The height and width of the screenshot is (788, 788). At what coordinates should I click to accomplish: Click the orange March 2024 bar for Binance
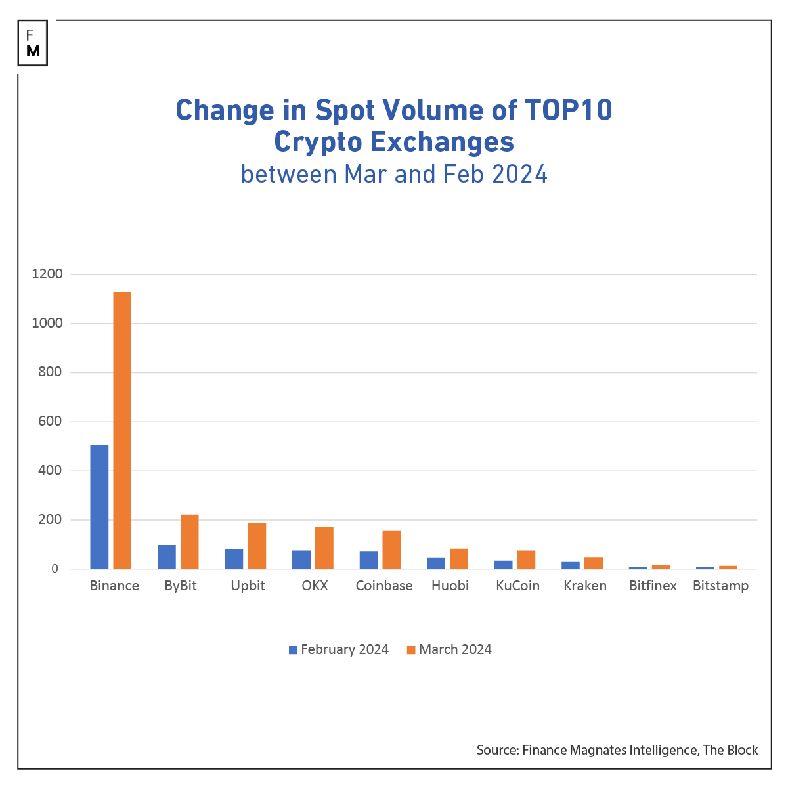pos(122,430)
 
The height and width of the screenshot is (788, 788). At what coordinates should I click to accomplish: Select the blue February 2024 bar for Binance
pos(99,506)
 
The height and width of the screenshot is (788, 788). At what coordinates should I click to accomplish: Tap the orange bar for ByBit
pos(189,542)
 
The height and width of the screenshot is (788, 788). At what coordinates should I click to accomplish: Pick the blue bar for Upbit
pos(234,559)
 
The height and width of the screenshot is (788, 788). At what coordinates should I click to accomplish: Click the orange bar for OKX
pos(324,548)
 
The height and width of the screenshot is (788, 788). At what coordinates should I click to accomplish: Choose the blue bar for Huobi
pos(436,563)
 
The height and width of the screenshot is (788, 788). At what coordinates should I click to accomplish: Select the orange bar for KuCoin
pos(526,559)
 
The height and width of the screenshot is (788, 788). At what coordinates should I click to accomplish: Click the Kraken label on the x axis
pos(585,586)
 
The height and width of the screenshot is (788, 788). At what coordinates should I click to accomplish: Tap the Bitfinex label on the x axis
pos(653,586)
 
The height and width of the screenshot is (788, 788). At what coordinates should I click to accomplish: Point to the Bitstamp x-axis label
pos(720,586)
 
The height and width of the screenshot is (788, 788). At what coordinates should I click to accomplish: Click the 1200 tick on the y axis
pos(47,274)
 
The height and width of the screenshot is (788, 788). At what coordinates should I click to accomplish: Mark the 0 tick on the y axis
pos(55,569)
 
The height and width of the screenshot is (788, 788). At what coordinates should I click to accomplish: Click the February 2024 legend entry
pos(338,649)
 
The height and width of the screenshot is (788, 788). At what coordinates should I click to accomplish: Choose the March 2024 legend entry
pos(449,649)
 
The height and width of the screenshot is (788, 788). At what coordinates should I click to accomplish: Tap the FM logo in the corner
pos(33,43)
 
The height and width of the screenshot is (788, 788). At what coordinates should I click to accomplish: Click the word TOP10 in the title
pos(568,110)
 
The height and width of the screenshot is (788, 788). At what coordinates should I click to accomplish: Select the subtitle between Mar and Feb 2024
pos(394,174)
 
